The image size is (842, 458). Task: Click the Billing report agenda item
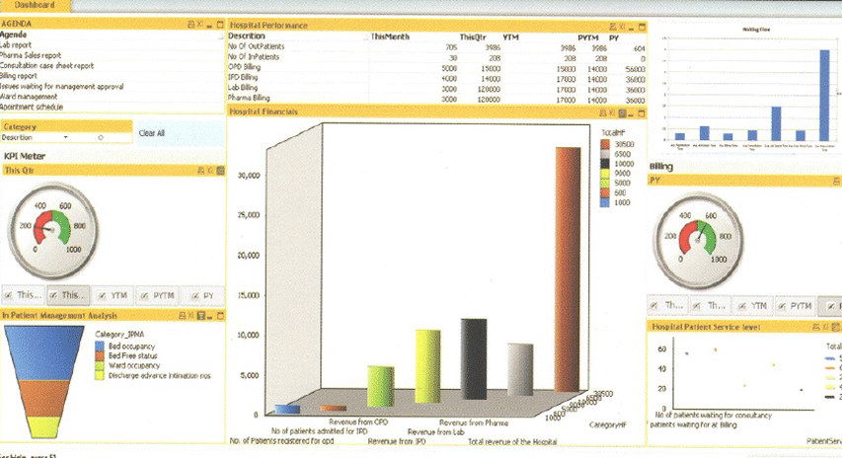click(21, 76)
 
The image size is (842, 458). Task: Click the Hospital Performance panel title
click(268, 25)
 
